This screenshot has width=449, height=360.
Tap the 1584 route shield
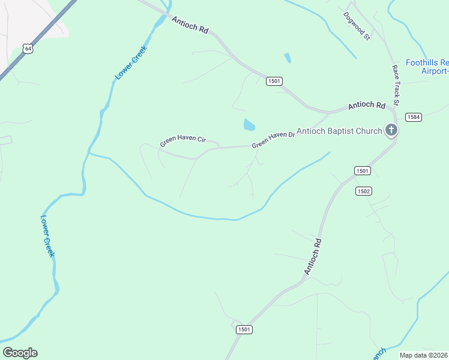pos(412,117)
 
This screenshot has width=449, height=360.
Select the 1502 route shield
pos(363,191)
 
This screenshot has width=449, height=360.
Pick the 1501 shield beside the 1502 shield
pos(362,171)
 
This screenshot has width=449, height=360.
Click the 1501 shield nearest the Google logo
pos(243,329)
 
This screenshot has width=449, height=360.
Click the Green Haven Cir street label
pos(182,142)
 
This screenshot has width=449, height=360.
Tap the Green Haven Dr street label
pos(273,140)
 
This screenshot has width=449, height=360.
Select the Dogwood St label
pos(357,26)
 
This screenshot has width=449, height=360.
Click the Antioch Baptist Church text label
pos(339,131)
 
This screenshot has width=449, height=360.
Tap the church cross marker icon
pos(391,130)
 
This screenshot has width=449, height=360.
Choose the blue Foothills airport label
pos(427,66)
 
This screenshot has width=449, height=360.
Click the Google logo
pos(20,353)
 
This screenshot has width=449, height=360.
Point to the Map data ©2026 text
pos(424,355)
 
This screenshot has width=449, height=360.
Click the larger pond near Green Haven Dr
pos(249,125)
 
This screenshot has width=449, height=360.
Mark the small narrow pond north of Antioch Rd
pos(288,58)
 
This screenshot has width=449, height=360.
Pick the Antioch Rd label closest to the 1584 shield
pos(366,106)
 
